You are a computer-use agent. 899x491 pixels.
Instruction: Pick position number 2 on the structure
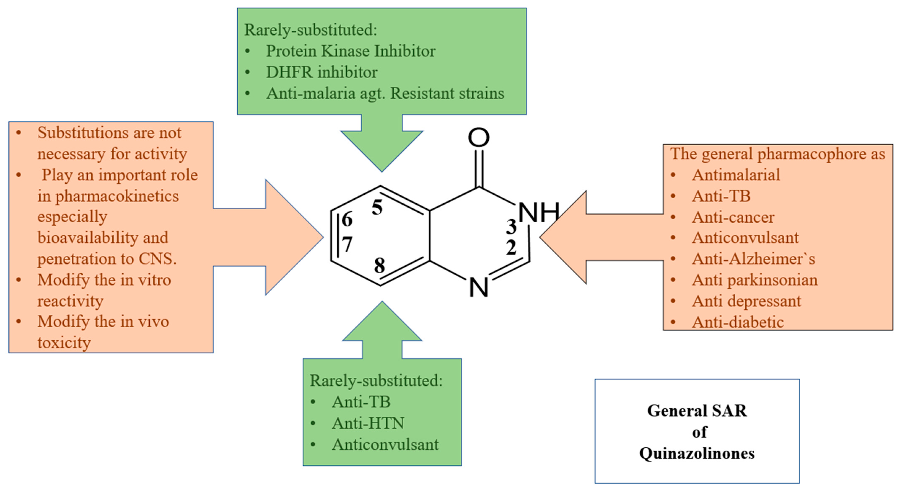click(511, 248)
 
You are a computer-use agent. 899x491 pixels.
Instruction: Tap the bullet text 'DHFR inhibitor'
click(321, 72)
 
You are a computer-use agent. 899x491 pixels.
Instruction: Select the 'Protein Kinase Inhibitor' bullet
click(350, 51)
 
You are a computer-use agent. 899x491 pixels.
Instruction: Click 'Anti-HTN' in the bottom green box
click(368, 423)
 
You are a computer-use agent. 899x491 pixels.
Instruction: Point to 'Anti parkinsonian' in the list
click(755, 280)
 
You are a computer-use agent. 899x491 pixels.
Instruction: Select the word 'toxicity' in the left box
click(64, 343)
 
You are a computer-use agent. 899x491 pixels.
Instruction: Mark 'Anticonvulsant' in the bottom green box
click(385, 444)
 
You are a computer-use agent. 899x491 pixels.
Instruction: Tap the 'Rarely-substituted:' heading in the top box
click(311, 30)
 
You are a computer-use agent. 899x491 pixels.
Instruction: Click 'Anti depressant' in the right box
click(746, 301)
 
